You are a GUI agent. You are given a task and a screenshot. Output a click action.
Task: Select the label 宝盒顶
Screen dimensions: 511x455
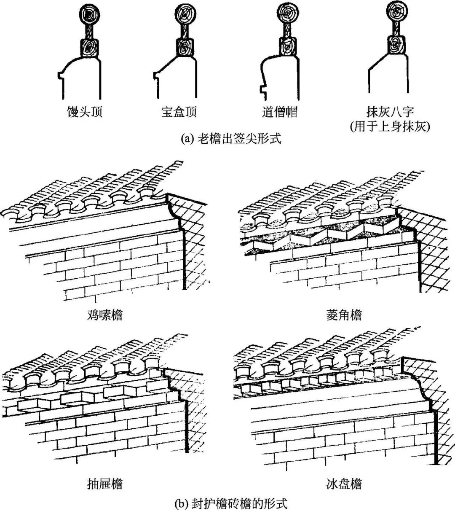tap(179, 112)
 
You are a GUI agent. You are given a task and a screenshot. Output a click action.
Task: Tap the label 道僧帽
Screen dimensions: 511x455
tap(279, 112)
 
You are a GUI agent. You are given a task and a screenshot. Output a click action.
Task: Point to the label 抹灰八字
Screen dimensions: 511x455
tap(390, 112)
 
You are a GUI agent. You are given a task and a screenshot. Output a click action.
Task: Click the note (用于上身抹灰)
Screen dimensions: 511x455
tap(390, 126)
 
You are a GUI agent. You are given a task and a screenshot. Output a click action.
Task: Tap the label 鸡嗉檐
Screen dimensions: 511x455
tap(105, 315)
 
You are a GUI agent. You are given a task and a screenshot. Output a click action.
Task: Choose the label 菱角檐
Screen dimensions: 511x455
tap(344, 315)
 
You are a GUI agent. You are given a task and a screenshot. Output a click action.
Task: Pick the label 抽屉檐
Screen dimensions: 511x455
tap(105, 484)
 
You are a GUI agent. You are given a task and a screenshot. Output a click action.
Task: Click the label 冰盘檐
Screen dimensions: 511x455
tap(344, 484)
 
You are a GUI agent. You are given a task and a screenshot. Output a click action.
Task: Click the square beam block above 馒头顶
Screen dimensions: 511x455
tap(89, 47)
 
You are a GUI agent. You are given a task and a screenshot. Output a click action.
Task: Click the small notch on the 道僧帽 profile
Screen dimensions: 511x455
tap(263, 90)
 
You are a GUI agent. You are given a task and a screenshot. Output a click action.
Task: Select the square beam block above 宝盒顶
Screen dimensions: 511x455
tap(184, 47)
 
